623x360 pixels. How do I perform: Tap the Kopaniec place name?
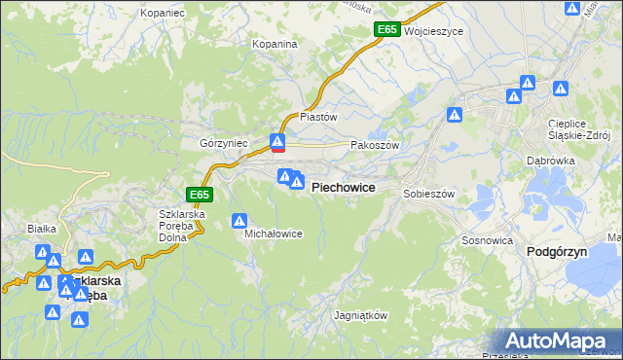(x=163, y=13)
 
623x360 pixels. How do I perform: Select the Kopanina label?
(x=275, y=45)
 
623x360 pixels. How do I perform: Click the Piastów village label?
(x=318, y=117)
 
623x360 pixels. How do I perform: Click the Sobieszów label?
(x=429, y=194)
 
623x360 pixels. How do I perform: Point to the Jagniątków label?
(x=361, y=316)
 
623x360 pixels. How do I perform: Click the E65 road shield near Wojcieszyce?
(x=386, y=30)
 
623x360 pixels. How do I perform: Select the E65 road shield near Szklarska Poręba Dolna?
(x=199, y=195)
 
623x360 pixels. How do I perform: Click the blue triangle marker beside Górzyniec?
(x=277, y=143)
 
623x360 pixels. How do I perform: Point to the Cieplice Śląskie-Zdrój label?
(x=578, y=129)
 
